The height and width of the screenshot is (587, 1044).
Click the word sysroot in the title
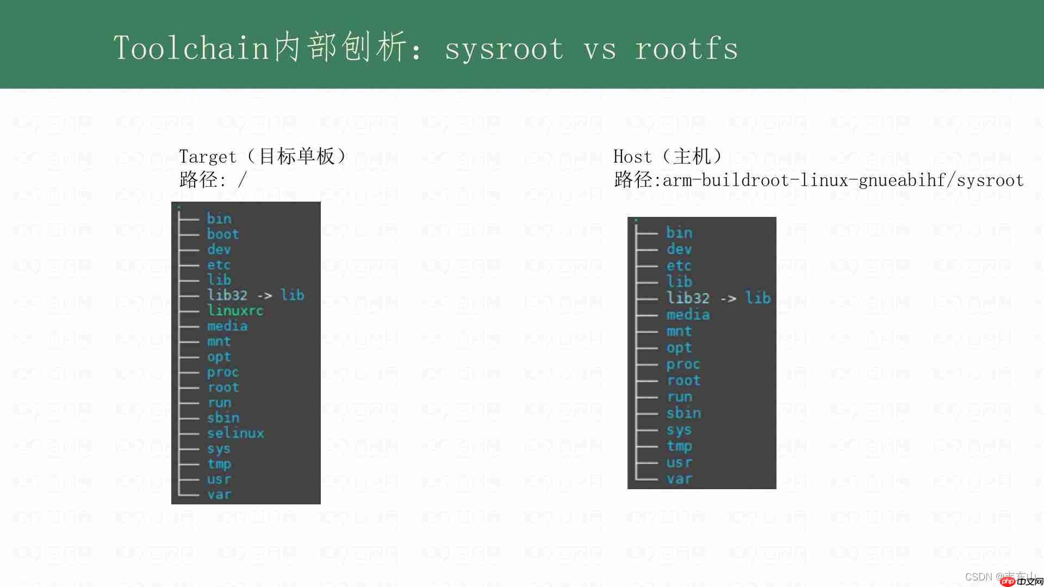[x=504, y=48]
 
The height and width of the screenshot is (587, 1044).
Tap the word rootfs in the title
[x=686, y=48]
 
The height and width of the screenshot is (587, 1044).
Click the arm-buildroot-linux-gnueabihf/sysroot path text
[x=843, y=180]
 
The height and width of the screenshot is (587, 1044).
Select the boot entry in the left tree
[x=223, y=234]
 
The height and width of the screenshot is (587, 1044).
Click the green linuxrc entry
[x=235, y=310]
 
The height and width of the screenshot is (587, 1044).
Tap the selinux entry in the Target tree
[x=235, y=433]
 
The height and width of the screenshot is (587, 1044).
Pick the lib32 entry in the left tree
[x=227, y=295]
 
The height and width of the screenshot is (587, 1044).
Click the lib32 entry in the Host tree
[x=688, y=298]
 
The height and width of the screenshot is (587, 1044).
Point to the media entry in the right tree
[x=688, y=315]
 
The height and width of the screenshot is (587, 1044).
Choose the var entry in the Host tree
[x=679, y=479]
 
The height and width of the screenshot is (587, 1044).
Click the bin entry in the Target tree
[x=219, y=218]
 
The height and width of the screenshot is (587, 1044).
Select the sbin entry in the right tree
[x=683, y=413]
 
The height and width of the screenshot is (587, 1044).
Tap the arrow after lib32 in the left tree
[x=264, y=296]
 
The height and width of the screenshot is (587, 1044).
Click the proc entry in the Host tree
[x=683, y=364]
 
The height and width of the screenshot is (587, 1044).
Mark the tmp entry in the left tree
[x=219, y=464]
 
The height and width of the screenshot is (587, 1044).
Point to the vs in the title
[x=600, y=49]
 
